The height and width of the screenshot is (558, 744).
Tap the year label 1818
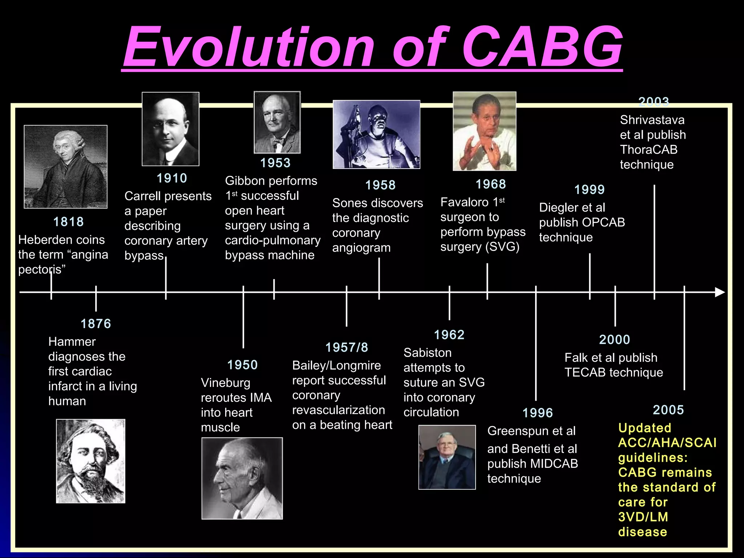pos(68,222)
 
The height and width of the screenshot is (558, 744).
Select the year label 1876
pos(96,324)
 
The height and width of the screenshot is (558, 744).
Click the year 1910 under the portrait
pos(171,178)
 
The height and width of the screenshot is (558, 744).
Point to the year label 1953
pos(275,163)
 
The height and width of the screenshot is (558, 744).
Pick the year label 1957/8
pos(347,348)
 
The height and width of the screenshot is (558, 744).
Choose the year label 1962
pos(449,335)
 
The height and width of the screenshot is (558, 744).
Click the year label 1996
pos(537,413)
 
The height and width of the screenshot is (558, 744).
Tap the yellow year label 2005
pos(668,410)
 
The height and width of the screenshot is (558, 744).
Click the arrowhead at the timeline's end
pos(720,292)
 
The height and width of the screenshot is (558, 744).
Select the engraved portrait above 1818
pos(66,167)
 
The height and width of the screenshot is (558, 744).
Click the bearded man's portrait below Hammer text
pos(90,461)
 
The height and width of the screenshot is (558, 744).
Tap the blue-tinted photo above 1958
pos(376,134)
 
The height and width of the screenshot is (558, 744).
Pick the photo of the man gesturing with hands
pos(484,131)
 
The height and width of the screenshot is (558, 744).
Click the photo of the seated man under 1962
pos(447,457)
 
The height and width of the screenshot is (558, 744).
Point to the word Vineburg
pos(226,383)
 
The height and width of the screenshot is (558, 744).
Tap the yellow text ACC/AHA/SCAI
pos(667,443)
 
